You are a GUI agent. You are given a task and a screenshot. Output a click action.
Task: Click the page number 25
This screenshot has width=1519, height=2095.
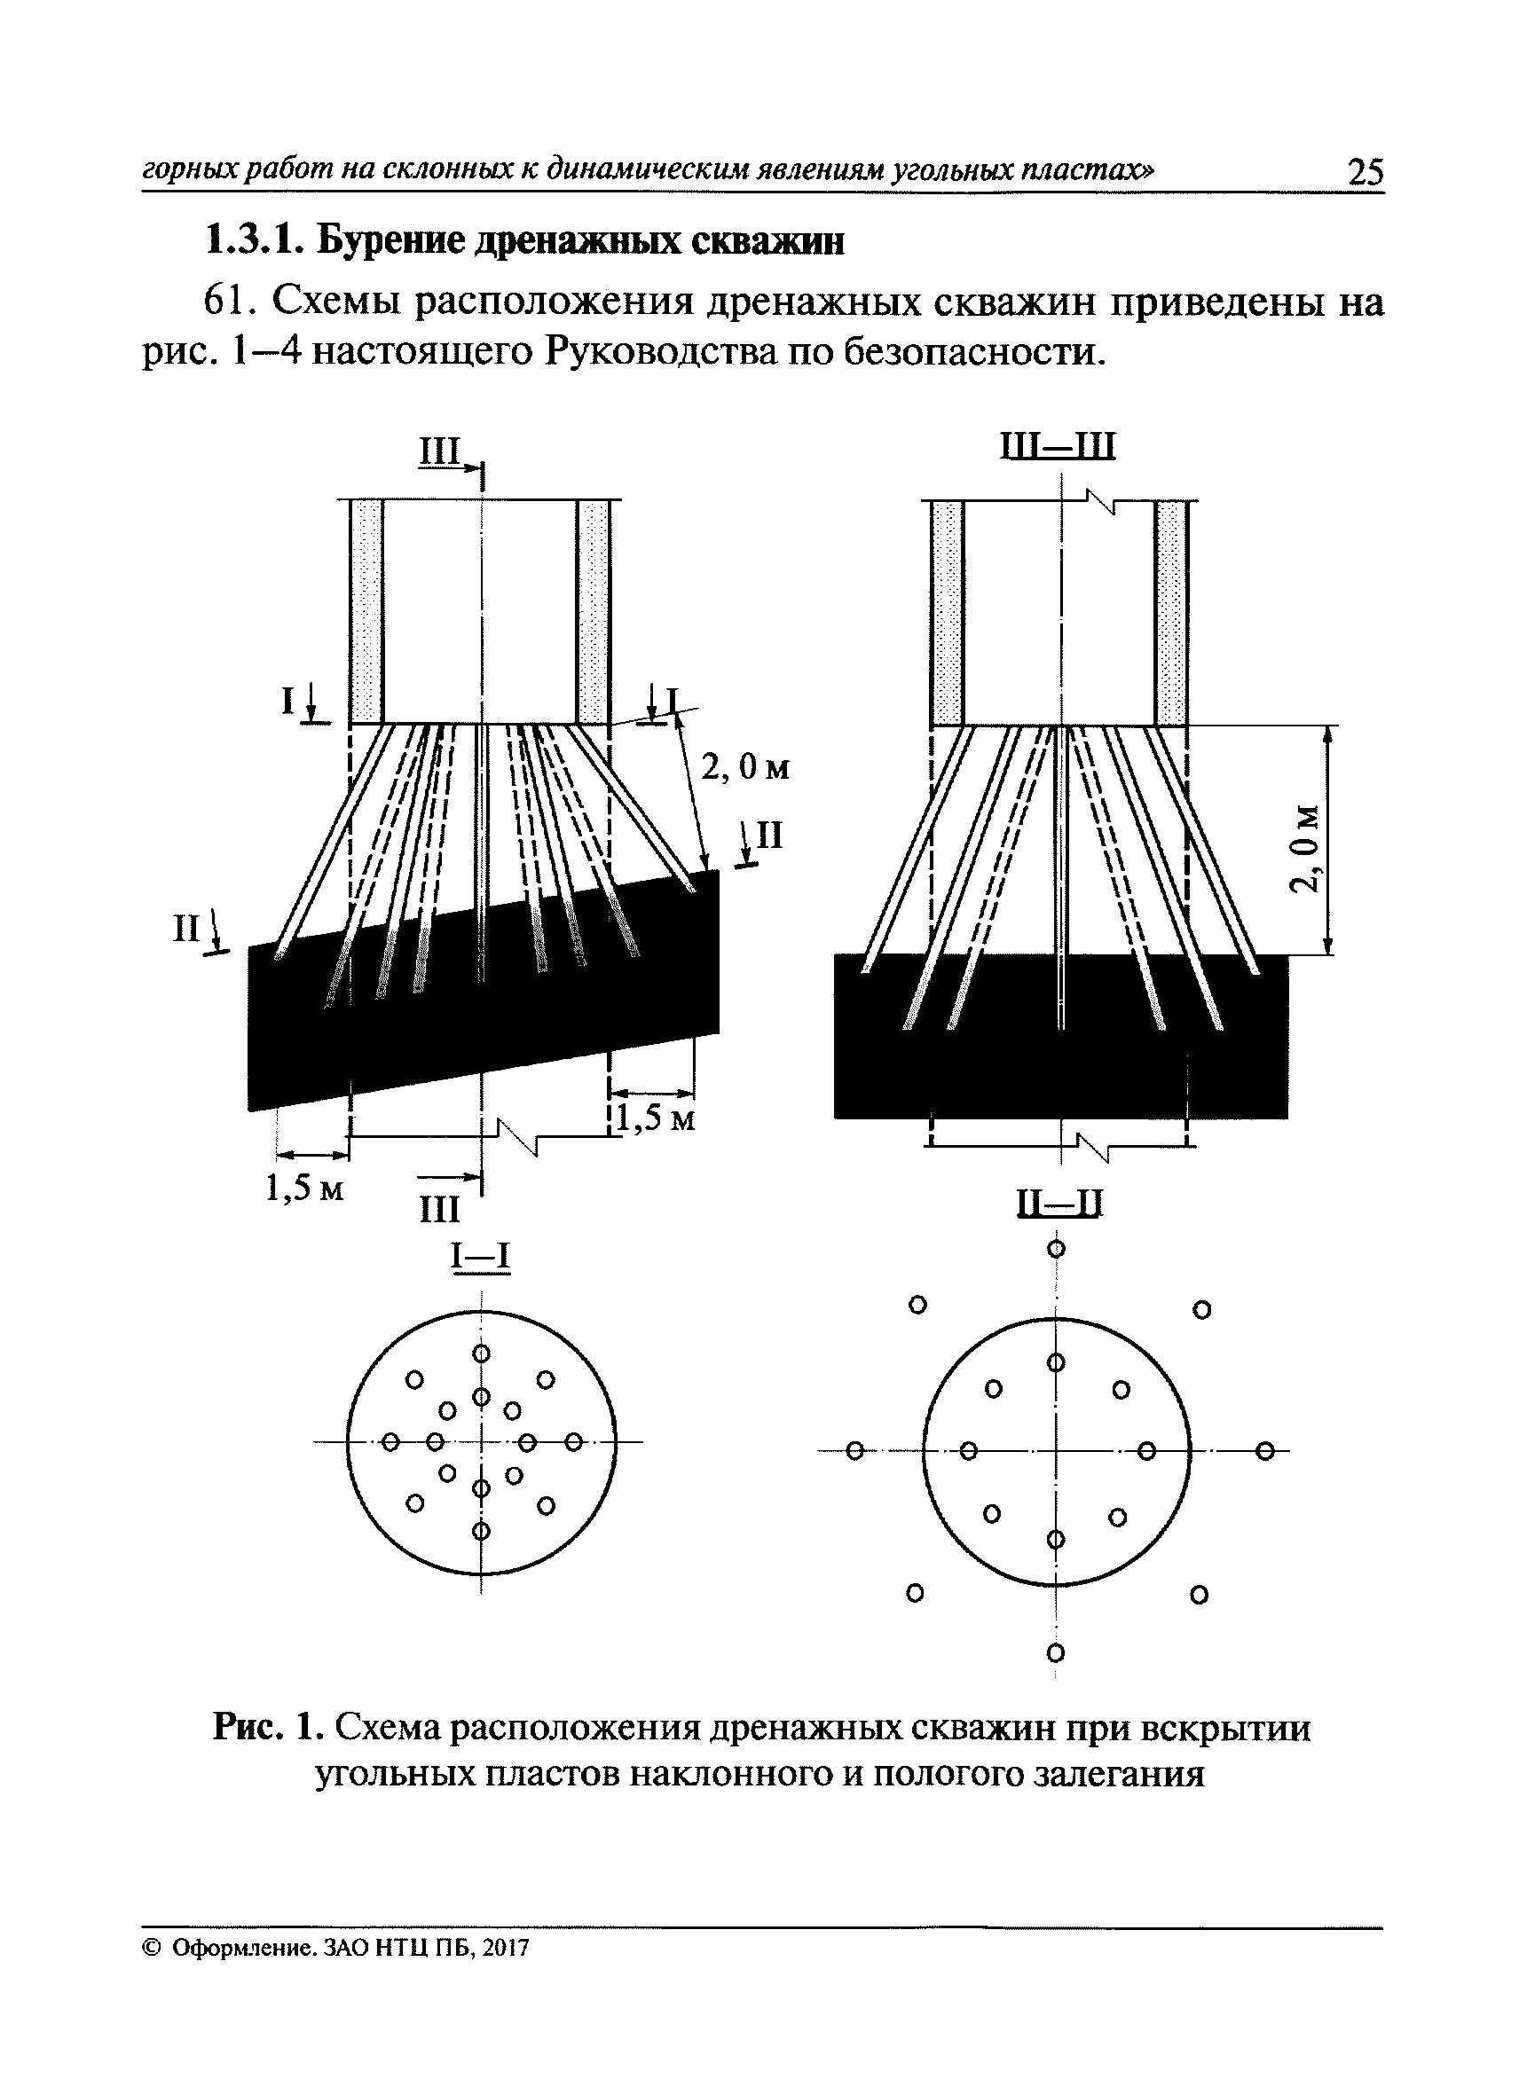(1365, 173)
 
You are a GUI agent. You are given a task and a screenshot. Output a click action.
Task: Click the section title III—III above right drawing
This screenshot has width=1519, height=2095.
(1059, 447)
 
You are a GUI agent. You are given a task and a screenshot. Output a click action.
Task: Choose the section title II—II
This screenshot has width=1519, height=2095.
(1059, 1204)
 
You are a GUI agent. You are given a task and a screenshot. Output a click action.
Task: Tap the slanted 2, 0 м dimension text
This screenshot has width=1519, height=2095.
(745, 767)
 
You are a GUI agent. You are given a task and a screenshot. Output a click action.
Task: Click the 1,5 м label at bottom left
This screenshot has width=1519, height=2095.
(304, 1189)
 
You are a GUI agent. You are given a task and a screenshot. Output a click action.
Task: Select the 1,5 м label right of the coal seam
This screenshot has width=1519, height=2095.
(656, 1119)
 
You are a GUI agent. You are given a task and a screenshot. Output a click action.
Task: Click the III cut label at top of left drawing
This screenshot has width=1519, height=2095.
(440, 452)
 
